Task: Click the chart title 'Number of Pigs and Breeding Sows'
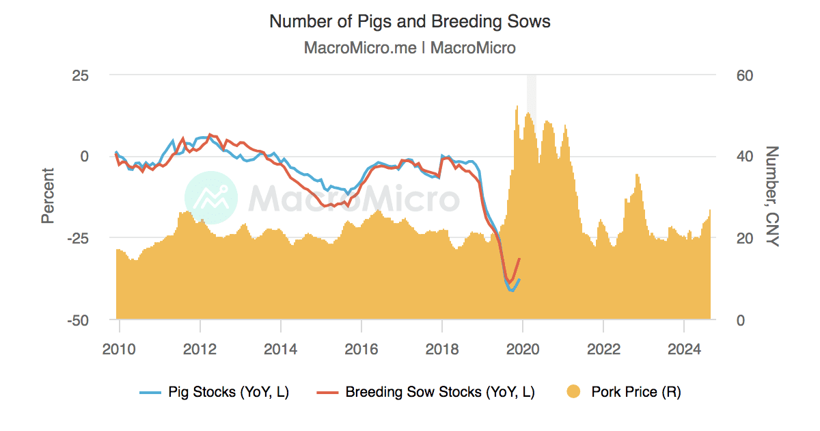pos(410,21)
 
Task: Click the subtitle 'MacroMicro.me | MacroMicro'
pos(410,48)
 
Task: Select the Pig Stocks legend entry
pos(215,392)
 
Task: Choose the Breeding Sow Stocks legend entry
pos(426,392)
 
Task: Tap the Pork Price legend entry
pos(624,392)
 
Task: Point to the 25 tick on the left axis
pos(81,75)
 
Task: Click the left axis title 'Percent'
pos(47,196)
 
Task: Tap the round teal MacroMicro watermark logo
pos(211,197)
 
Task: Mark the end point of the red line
pos(520,259)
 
